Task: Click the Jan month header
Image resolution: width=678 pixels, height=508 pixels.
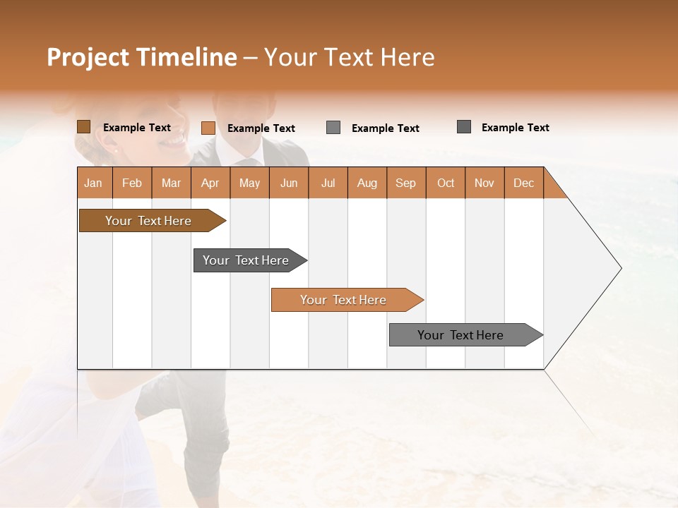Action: (x=94, y=183)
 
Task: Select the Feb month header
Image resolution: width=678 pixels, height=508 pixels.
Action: (x=132, y=183)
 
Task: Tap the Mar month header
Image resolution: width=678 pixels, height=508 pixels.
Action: (x=171, y=183)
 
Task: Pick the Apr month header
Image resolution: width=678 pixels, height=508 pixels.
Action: (x=210, y=183)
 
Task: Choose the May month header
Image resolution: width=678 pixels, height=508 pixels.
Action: (x=249, y=183)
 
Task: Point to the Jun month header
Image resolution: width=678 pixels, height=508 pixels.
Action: (x=289, y=183)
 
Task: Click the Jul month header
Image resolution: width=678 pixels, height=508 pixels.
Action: (x=328, y=183)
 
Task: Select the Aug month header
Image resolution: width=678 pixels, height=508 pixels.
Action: (x=367, y=183)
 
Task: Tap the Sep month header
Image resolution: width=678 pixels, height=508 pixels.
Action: (x=406, y=183)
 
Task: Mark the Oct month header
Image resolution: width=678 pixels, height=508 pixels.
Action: (x=446, y=183)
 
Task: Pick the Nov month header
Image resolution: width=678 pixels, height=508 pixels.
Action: (x=484, y=183)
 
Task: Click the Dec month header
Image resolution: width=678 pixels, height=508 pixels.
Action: (x=524, y=183)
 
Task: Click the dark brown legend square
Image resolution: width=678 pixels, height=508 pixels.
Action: (x=84, y=127)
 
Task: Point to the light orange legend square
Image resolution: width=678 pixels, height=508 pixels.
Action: (x=208, y=128)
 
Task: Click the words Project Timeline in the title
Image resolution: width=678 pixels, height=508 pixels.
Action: (x=142, y=57)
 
